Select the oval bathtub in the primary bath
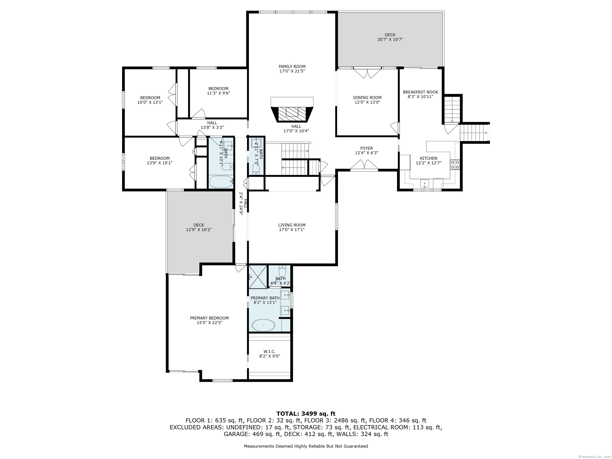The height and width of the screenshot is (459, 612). point(263,325)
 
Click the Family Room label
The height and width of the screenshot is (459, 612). point(292,66)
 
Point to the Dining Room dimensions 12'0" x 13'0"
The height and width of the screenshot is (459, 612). point(367,102)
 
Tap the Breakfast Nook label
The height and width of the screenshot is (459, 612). point(420,92)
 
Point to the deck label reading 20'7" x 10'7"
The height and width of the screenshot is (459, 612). point(390,39)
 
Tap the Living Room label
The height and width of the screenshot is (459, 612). point(292,225)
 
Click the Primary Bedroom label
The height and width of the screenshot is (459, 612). point(209,318)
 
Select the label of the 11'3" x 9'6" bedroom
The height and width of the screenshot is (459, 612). point(218,88)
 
